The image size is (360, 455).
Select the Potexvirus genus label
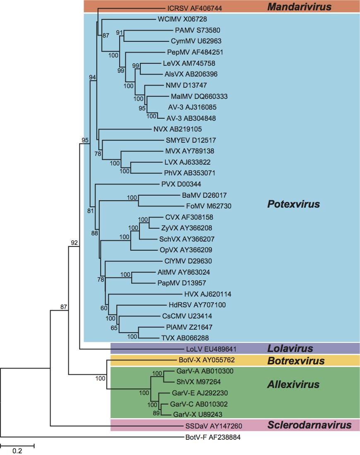[x=293, y=204]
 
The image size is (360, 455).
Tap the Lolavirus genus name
[x=290, y=348]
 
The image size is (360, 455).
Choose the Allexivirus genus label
[x=293, y=385]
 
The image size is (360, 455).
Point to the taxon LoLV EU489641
[x=211, y=349]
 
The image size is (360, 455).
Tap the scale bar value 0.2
[x=17, y=451]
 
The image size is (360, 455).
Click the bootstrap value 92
[x=74, y=243]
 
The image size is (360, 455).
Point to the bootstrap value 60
[x=103, y=308]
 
